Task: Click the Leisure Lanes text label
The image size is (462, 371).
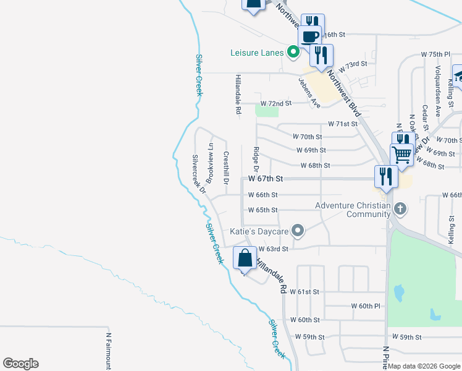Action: pyautogui.click(x=258, y=53)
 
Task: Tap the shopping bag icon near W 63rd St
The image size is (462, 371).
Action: pyautogui.click(x=245, y=257)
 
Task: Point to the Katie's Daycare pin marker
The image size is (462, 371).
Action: pyautogui.click(x=298, y=231)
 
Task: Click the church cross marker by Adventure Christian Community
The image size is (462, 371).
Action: pyautogui.click(x=400, y=208)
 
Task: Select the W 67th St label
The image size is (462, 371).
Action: pyautogui.click(x=266, y=179)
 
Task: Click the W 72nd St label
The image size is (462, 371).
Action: pyautogui.click(x=275, y=103)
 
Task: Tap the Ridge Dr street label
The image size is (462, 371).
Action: pyautogui.click(x=256, y=159)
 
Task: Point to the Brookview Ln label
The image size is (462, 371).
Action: pyautogui.click(x=211, y=163)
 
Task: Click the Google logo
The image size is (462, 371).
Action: pyautogui.click(x=20, y=364)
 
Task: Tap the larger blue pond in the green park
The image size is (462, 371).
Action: pyautogui.click(x=399, y=291)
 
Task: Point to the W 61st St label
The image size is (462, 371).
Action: pyautogui.click(x=308, y=292)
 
